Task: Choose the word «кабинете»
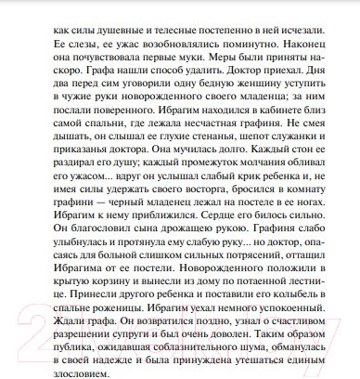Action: [x=274, y=113]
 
